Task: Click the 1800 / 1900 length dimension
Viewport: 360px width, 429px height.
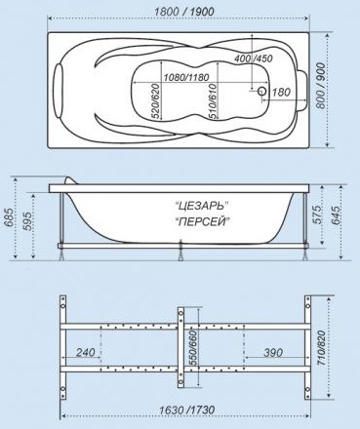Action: tap(184, 12)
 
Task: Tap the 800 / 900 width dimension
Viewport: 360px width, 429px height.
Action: tap(320, 86)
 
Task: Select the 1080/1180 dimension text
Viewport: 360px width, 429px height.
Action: tap(186, 78)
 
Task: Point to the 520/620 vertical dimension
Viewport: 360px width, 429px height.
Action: tap(156, 101)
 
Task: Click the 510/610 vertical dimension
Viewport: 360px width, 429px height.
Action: tap(213, 101)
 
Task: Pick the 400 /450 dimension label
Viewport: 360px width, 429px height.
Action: tap(254, 58)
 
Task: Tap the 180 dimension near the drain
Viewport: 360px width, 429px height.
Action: tap(280, 93)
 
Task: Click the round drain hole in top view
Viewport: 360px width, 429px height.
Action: tap(261, 92)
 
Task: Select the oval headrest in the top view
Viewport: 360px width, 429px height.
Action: tap(59, 91)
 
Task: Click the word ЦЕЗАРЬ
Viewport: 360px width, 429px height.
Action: tap(201, 206)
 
